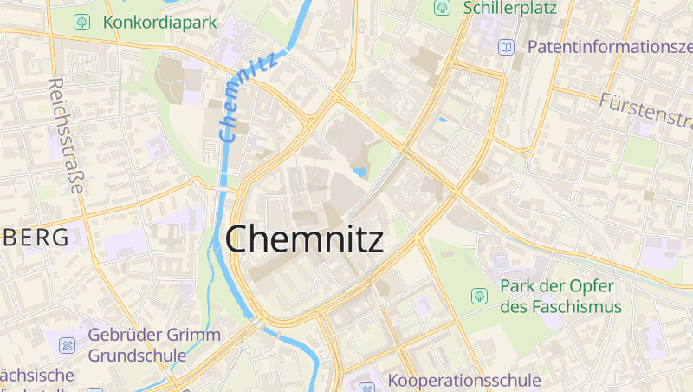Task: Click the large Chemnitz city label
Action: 304,238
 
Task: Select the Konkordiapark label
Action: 160,22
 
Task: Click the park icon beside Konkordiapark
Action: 82,22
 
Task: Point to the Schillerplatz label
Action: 510,8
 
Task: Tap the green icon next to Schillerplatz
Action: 443,8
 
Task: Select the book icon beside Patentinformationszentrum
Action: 507,47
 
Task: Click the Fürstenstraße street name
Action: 646,113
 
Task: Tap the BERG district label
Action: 35,238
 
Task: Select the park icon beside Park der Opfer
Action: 478,296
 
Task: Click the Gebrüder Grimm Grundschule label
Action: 154,344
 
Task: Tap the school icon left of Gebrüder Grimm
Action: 67,345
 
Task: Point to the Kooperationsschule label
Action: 464,380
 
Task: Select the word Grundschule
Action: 137,355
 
